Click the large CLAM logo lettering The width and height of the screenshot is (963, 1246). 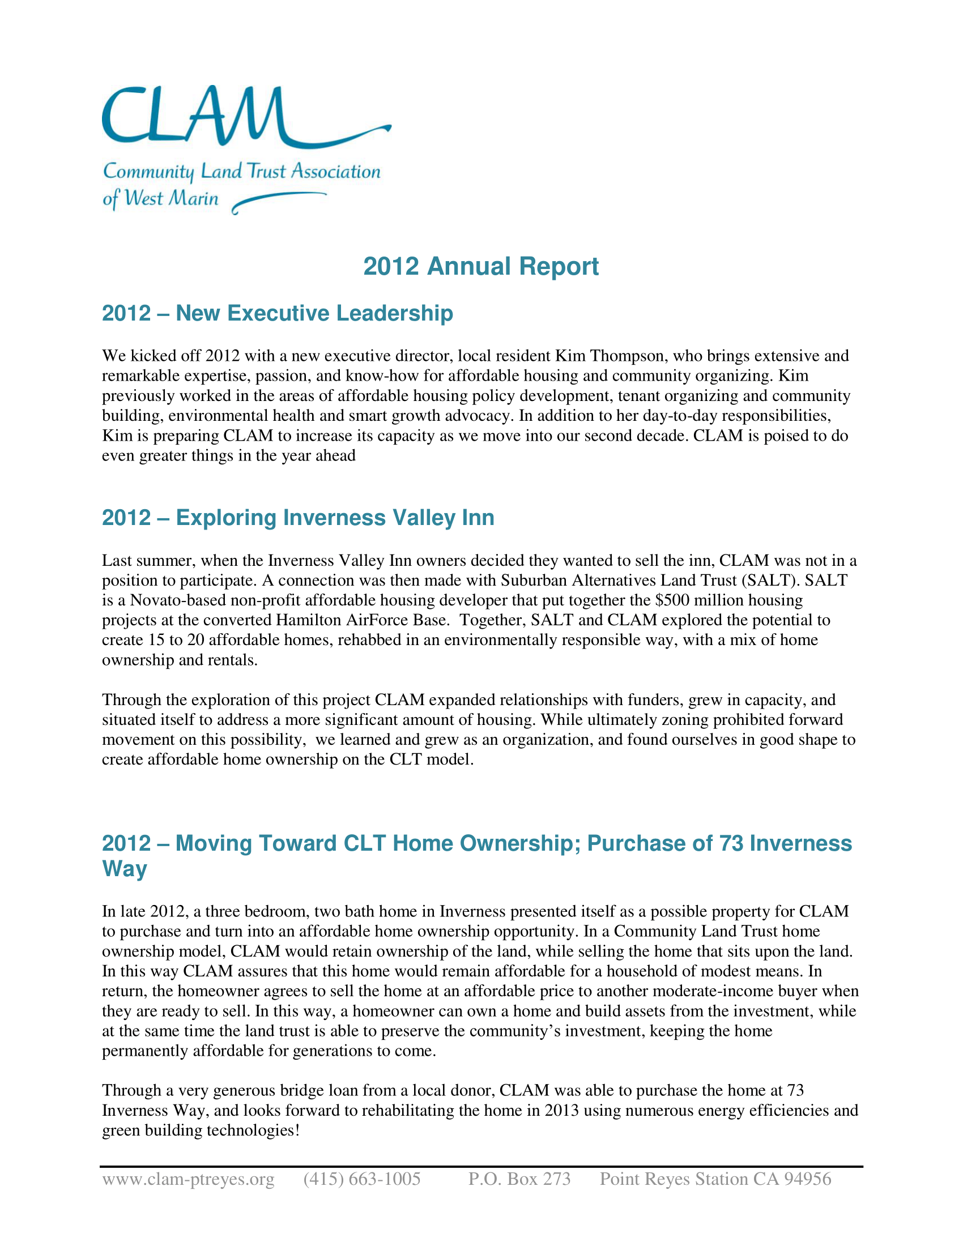coord(194,117)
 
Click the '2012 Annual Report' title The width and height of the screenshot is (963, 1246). coord(481,266)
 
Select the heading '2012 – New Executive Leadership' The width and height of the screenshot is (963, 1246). coord(277,313)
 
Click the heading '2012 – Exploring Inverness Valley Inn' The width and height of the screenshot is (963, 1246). coord(298,518)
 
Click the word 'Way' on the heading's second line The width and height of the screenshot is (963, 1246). coord(125,868)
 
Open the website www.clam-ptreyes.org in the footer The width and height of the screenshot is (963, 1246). coord(188,1179)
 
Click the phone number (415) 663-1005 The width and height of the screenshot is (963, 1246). coord(362,1179)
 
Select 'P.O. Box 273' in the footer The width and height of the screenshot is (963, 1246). coord(519,1179)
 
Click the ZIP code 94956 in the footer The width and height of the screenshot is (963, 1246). coord(807,1179)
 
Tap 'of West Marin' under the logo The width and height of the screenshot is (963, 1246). coord(160,199)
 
